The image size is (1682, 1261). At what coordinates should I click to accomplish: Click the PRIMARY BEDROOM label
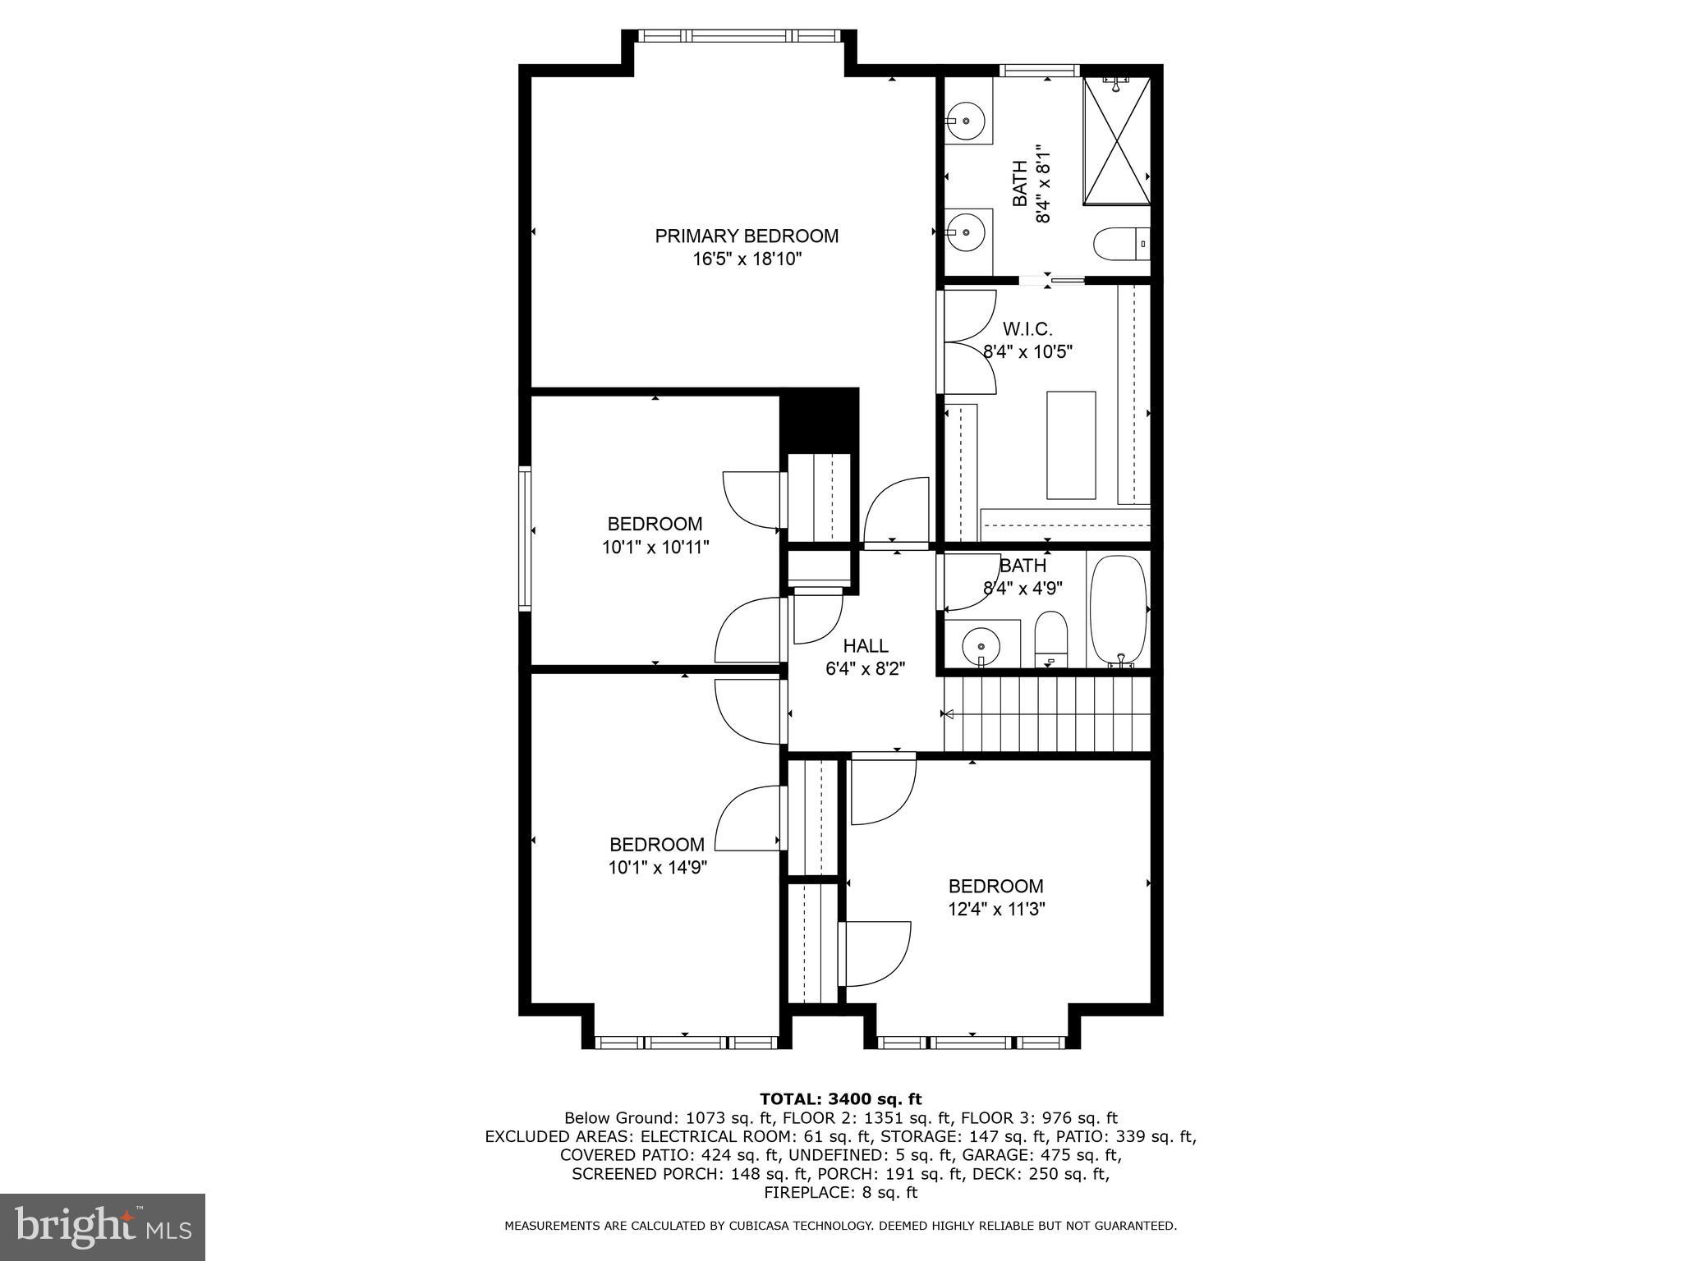pyautogui.click(x=746, y=236)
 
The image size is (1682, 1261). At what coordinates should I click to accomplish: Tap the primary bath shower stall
pyautogui.click(x=1117, y=141)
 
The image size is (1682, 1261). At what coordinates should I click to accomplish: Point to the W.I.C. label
pyautogui.click(x=1027, y=329)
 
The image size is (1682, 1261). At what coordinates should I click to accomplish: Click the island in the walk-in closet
pyautogui.click(x=1071, y=445)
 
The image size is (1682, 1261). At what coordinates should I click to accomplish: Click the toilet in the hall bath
pyautogui.click(x=1050, y=637)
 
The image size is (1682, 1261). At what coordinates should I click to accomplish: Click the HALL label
pyautogui.click(x=865, y=646)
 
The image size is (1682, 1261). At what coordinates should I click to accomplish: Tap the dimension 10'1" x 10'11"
pyautogui.click(x=655, y=547)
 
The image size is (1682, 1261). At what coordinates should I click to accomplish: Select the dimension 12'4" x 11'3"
pyautogui.click(x=995, y=909)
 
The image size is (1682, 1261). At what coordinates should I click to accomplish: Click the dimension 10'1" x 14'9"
pyautogui.click(x=657, y=868)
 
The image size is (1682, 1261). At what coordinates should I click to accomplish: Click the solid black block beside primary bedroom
pyautogui.click(x=818, y=419)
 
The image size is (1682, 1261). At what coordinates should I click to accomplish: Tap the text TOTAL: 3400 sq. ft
pyautogui.click(x=840, y=1098)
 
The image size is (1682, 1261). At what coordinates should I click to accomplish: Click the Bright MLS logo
pyautogui.click(x=103, y=1227)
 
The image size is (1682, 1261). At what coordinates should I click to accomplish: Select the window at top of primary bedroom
pyautogui.click(x=739, y=36)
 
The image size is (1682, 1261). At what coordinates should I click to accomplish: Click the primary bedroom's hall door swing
pyautogui.click(x=897, y=513)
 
